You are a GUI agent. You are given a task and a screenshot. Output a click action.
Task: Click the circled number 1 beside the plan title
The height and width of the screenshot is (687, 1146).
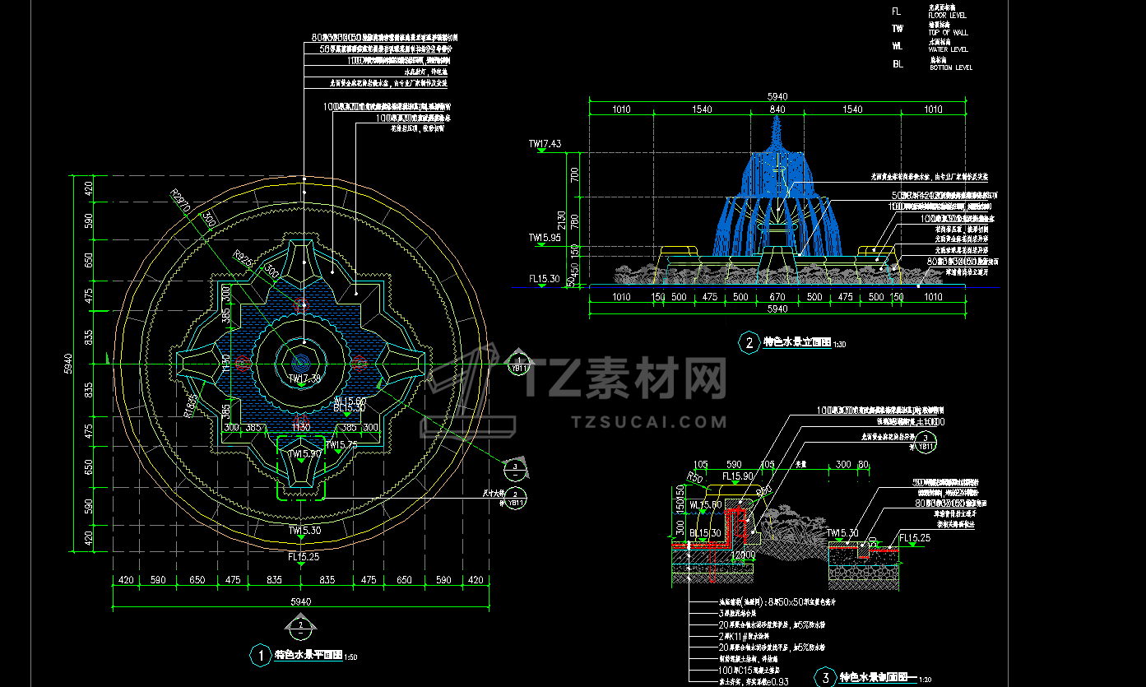click(260, 655)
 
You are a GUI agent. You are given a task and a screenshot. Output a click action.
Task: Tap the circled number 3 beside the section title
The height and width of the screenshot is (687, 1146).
click(824, 677)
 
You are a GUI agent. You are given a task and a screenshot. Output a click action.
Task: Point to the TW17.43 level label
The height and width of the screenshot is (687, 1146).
click(545, 144)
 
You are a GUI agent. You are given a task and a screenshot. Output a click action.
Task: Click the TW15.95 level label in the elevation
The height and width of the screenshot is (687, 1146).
click(545, 237)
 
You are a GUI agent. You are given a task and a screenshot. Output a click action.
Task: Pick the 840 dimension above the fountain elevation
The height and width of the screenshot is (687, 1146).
click(777, 109)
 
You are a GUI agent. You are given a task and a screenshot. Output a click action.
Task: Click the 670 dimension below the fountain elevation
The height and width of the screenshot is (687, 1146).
click(777, 297)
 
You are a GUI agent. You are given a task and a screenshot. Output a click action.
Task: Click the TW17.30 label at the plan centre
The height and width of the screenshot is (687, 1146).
click(304, 378)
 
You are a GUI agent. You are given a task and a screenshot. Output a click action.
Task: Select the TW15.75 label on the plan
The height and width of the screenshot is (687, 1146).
click(341, 445)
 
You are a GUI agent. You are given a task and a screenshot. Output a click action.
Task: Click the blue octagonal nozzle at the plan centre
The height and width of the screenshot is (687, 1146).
click(300, 360)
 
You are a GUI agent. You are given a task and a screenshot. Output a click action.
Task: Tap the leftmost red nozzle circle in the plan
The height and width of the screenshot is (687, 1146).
click(242, 362)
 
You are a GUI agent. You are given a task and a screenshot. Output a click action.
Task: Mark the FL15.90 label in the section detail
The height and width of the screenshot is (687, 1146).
click(738, 476)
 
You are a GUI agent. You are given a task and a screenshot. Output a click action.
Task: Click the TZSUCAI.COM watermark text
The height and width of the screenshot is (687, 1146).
click(649, 422)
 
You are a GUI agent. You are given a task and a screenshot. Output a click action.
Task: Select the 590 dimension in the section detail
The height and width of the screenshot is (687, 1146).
click(733, 465)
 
